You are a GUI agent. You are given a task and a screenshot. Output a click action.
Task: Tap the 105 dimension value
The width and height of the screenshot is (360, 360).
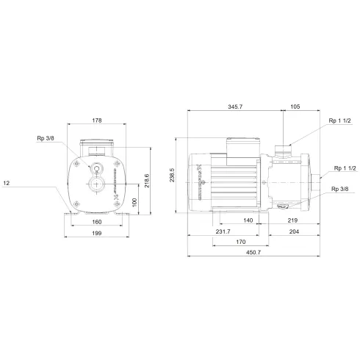pyautogui.click(x=294, y=107)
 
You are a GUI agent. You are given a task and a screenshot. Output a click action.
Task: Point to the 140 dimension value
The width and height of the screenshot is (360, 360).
pyautogui.click(x=248, y=220)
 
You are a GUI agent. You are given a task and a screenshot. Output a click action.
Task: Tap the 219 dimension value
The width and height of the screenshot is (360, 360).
pyautogui.click(x=292, y=220)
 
